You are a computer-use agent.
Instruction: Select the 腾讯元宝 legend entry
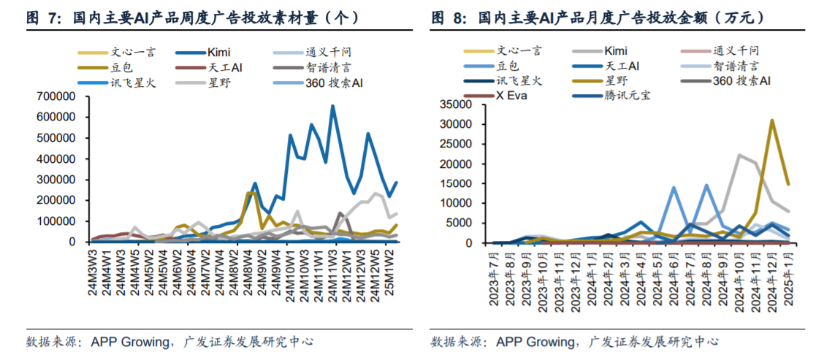pos(629,96)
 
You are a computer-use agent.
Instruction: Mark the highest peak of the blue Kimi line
pos(333,107)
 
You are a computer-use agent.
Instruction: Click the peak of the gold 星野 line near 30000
pos(771,120)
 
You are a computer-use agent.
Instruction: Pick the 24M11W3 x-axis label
pos(333,271)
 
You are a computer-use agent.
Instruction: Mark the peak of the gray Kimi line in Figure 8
pos(739,155)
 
